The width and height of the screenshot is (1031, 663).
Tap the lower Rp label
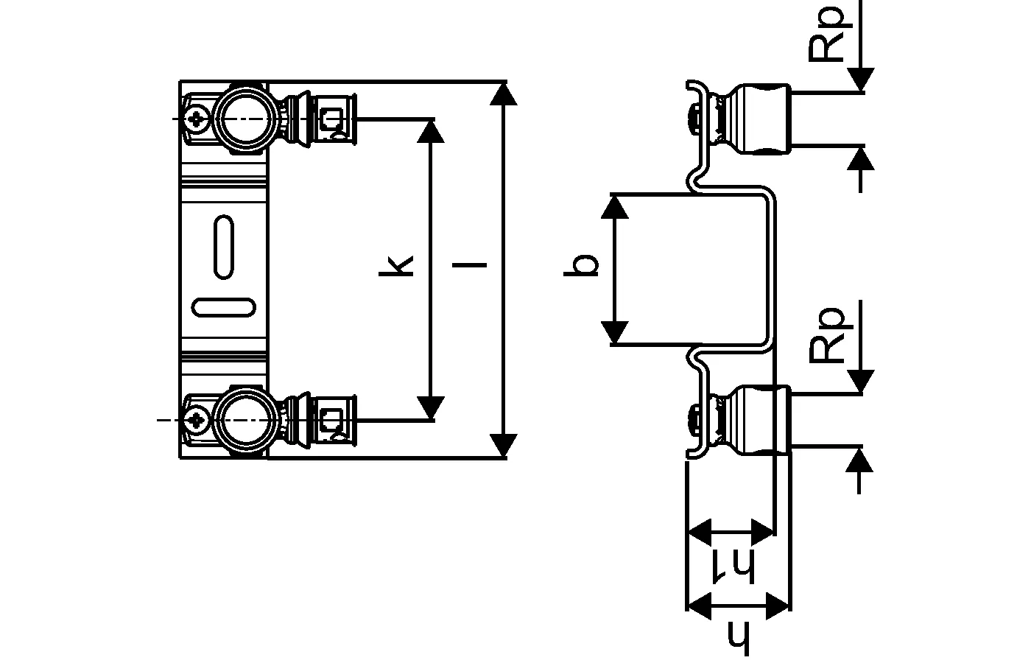[x=828, y=336]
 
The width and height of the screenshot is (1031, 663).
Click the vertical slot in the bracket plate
[x=224, y=247]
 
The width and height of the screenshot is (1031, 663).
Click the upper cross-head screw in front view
[x=197, y=117]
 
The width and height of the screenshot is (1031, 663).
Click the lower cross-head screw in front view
[x=197, y=420]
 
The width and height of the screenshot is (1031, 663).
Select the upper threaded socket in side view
[x=762, y=119]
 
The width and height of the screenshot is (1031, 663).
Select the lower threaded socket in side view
[x=762, y=419]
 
